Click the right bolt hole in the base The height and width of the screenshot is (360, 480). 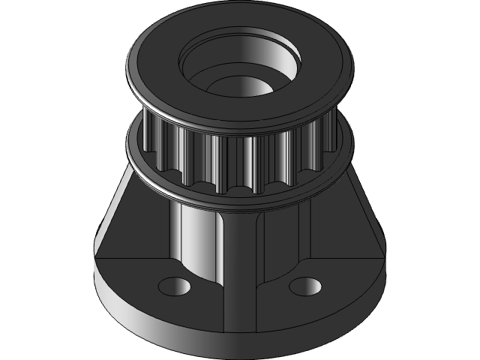pos(304,286)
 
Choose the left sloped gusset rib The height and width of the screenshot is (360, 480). pos(135,217)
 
